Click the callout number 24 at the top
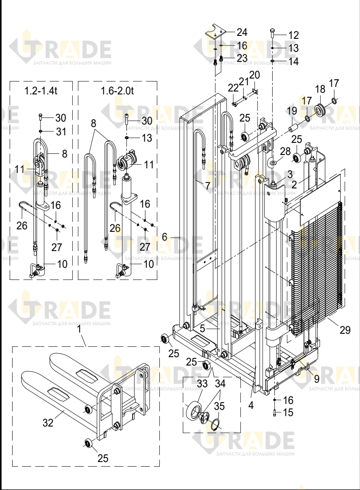pyautogui.click(x=242, y=32)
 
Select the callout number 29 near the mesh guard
pyautogui.click(x=345, y=330)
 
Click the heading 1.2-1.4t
pyautogui.click(x=41, y=91)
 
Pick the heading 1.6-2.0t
pyautogui.click(x=117, y=91)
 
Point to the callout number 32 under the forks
pyautogui.click(x=48, y=423)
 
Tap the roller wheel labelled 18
pyautogui.click(x=321, y=110)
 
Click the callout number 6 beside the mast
pyautogui.click(x=165, y=237)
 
